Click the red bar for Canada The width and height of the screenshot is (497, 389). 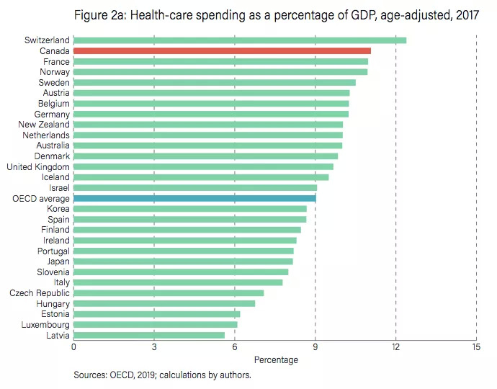[222, 51]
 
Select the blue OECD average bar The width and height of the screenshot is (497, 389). [194, 198]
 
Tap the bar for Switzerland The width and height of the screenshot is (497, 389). [239, 40]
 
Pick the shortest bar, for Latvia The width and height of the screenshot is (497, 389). [148, 335]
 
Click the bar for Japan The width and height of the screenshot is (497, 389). [183, 261]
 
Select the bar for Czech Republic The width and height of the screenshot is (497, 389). [169, 293]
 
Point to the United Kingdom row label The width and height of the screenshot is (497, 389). [38, 166]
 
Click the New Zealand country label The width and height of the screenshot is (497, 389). [44, 125]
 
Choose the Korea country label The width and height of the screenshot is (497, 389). [57, 209]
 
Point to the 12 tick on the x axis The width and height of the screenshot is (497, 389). [395, 347]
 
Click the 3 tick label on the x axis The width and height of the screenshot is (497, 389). [154, 347]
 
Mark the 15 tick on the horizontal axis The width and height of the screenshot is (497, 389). [476, 347]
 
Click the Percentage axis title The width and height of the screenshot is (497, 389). [276, 359]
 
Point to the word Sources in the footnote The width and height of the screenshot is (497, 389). [90, 375]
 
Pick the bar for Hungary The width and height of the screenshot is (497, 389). [164, 303]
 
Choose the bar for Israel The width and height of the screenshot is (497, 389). [195, 187]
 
